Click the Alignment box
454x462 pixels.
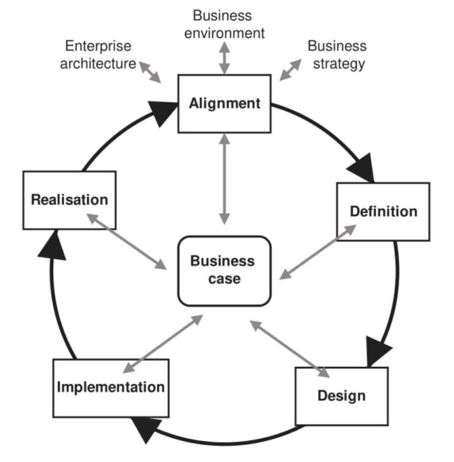pos(225,103)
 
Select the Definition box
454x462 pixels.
pos(383,212)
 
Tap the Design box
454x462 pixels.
pos(341,395)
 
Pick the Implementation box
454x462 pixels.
pos(111,388)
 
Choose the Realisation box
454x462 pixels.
pos(69,200)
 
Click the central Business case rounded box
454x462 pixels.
pos(224,271)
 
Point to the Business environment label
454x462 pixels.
pos(224,24)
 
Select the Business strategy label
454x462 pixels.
pos(336,54)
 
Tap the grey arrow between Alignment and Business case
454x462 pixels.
pos(224,178)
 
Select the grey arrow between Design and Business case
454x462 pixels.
pos(289,349)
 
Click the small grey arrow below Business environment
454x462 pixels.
pos(224,58)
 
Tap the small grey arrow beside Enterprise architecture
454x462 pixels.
pos(151,71)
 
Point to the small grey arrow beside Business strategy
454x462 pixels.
pos(290,69)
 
